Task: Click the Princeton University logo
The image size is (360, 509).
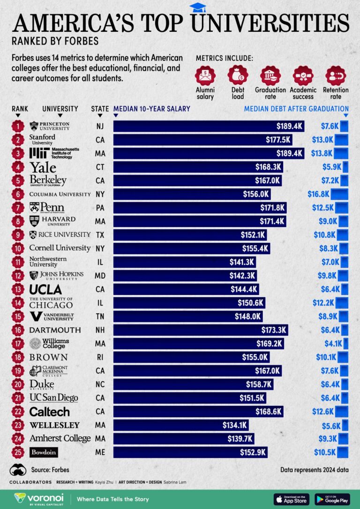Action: pos(50,126)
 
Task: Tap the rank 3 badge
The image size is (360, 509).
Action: pos(18,153)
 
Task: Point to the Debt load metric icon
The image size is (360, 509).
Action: pos(238,75)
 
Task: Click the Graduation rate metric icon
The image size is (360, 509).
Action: pos(270,75)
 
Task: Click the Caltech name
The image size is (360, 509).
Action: pos(49,412)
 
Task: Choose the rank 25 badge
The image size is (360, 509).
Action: pos(18,452)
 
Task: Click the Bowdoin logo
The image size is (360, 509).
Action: pos(44,452)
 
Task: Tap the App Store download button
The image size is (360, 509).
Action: pos(291,499)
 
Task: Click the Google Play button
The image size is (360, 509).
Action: pos(332,499)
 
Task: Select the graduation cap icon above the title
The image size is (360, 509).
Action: pos(197,7)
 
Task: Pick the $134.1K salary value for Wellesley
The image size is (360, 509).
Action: pos(234,425)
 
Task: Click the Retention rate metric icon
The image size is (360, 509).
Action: pos(336,75)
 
